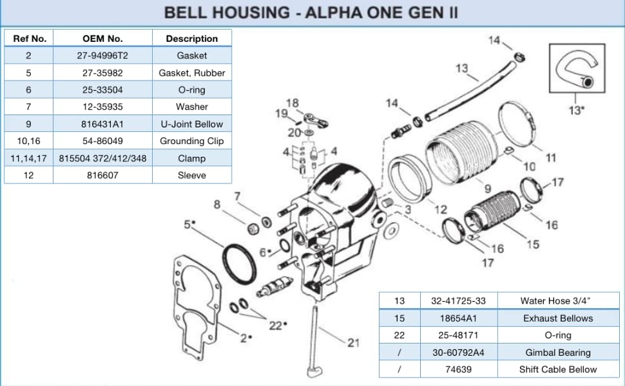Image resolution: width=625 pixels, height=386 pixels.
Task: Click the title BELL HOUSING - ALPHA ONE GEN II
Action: click(311, 12)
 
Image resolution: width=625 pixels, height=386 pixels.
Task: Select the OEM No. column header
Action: click(102, 39)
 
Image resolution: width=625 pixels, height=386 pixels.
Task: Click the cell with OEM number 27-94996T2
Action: click(102, 56)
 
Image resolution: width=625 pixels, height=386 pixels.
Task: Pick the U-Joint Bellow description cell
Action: click(191, 124)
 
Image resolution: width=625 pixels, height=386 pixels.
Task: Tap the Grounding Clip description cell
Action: click(191, 141)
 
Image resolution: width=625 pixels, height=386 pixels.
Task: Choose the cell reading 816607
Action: click(102, 175)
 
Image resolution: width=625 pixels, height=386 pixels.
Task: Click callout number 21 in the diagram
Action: click(353, 343)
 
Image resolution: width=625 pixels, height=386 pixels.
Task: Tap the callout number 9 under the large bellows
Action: click(487, 189)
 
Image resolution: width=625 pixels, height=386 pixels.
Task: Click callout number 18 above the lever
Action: click(293, 103)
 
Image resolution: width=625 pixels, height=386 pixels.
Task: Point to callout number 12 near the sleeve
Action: click(440, 209)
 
